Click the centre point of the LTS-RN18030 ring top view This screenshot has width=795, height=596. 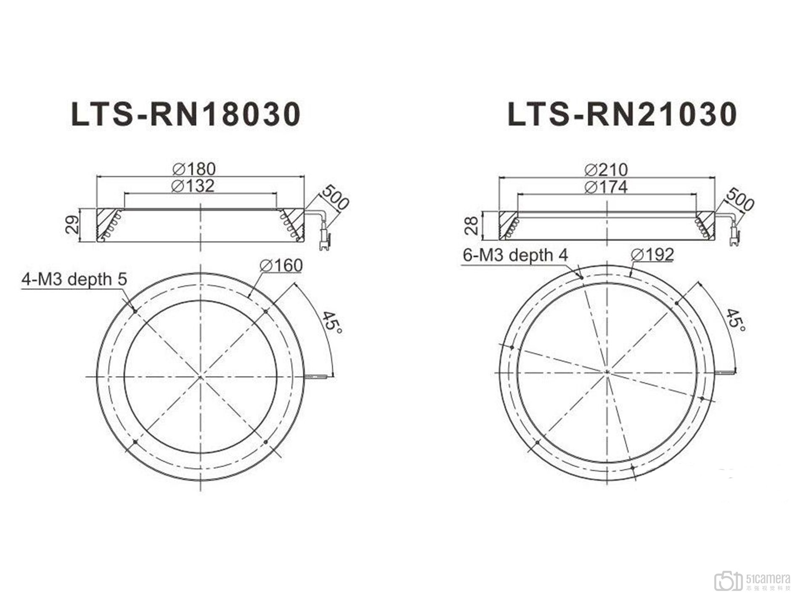tap(201, 376)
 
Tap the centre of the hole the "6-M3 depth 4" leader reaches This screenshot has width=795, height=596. tap(581, 277)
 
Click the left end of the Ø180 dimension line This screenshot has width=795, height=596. tap(97, 177)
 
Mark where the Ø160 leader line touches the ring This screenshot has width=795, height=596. tap(249, 297)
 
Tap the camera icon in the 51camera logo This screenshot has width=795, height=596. tap(728, 581)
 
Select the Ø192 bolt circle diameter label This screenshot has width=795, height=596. tap(652, 254)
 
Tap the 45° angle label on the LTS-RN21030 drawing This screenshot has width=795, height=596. tap(736, 319)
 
